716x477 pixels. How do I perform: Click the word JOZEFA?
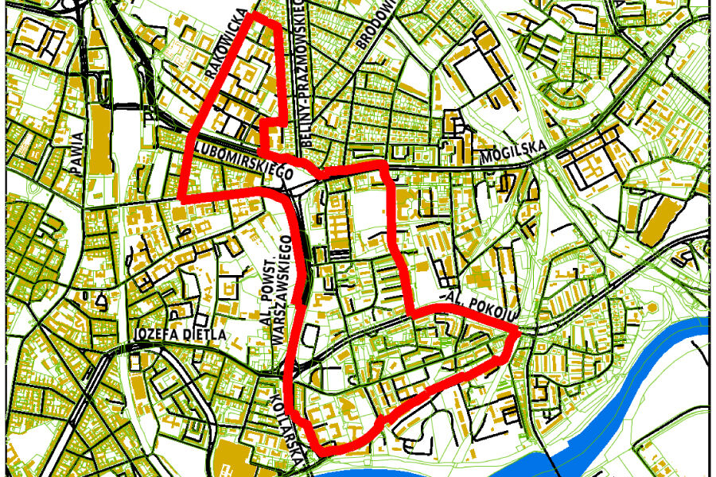156,335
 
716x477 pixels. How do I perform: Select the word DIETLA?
204,335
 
